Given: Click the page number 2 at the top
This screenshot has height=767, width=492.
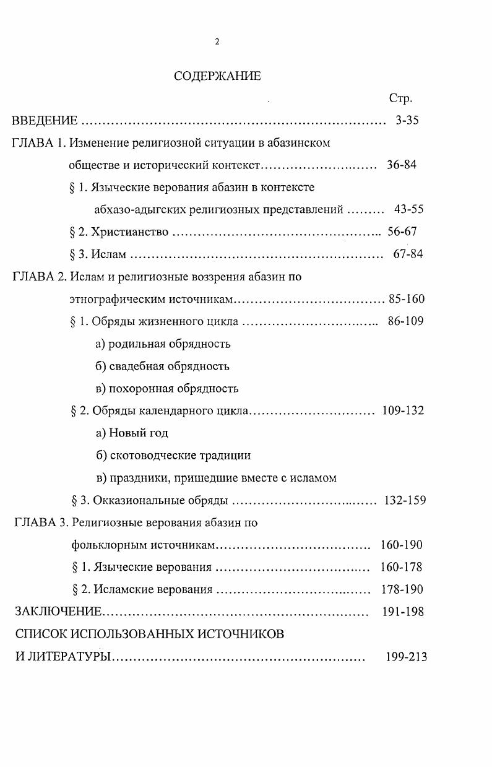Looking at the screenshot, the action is (217, 42).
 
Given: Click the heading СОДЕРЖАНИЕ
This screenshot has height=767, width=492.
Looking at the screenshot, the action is (217, 76).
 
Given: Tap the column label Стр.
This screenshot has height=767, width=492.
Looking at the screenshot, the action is (400, 98).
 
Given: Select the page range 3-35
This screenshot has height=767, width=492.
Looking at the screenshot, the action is (407, 121).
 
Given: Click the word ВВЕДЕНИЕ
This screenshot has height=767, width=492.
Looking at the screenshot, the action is (45, 121).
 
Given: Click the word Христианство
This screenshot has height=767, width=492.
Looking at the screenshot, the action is (130, 232).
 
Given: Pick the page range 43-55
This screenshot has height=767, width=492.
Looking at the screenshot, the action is (408, 210).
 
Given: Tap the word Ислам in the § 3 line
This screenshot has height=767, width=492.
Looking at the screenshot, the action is (109, 254).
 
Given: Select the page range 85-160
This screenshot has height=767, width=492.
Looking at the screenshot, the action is (407, 300).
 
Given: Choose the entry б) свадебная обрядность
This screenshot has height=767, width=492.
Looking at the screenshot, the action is (162, 366).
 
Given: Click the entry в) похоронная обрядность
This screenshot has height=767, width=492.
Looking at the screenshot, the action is (166, 389).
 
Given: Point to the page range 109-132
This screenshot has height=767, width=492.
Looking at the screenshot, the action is (403, 410).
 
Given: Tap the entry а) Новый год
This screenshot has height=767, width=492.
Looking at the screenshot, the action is (132, 433).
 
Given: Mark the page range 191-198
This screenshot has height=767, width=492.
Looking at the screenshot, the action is (404, 612).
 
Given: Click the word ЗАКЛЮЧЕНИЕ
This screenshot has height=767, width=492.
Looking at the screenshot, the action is (58, 612).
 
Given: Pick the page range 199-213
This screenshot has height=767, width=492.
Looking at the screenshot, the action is (406, 656).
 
